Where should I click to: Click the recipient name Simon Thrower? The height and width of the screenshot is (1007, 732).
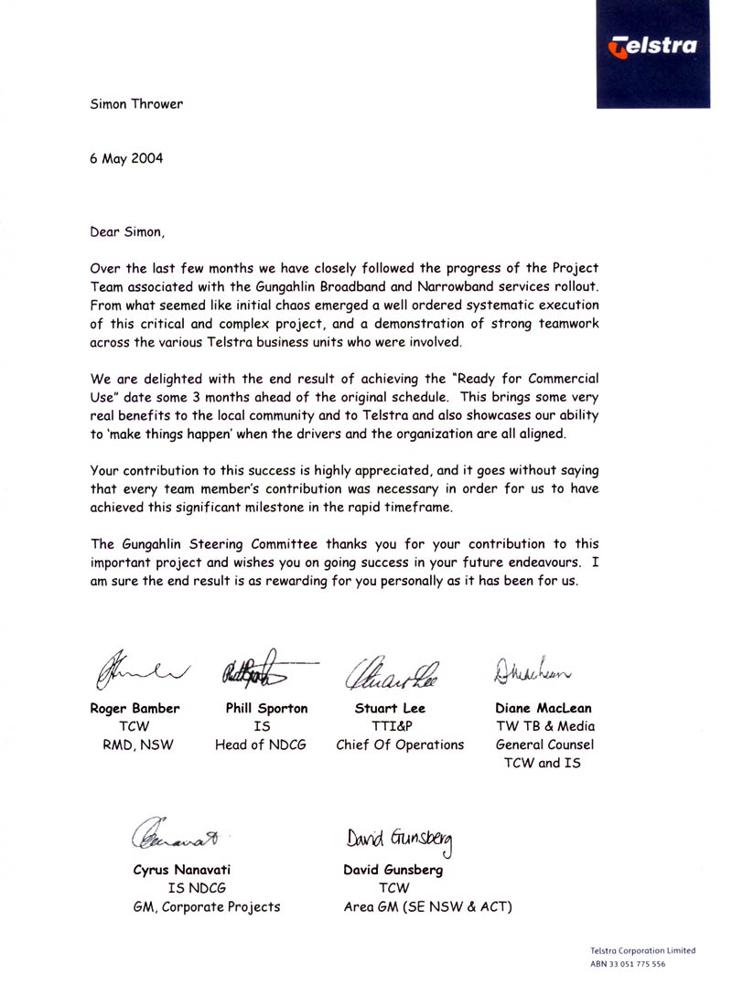point(136,103)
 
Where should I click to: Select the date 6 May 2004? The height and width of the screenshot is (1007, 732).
point(126,157)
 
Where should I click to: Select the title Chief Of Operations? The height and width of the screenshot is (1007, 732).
point(400,745)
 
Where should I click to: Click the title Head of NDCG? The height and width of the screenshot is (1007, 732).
point(260,745)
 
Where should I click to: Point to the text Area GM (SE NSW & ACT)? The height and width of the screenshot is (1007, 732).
point(427,906)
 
